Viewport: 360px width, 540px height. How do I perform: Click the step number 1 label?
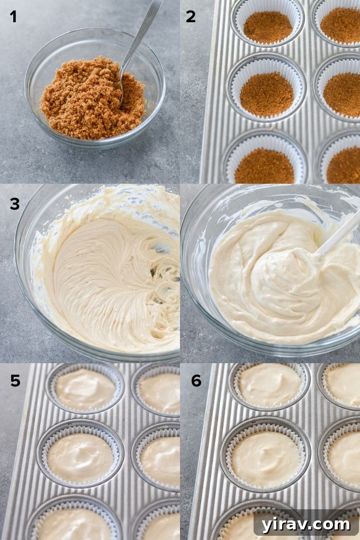pyautogui.click(x=13, y=17)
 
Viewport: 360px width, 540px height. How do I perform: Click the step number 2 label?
pyautogui.click(x=191, y=17)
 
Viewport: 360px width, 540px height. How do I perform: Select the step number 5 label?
pyautogui.click(x=15, y=381)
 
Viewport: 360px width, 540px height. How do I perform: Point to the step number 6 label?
pyautogui.click(x=196, y=381)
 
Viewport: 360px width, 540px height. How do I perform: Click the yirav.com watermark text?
pyautogui.click(x=305, y=524)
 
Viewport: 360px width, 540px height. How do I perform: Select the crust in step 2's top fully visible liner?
pyautogui.click(x=267, y=27)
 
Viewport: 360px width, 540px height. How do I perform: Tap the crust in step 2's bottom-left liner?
pyautogui.click(x=264, y=166)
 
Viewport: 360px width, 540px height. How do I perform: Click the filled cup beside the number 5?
pyautogui.click(x=85, y=389)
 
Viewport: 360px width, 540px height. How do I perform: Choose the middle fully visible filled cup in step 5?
pyautogui.click(x=80, y=457)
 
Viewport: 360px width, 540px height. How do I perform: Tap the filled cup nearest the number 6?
pyautogui.click(x=269, y=385)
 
